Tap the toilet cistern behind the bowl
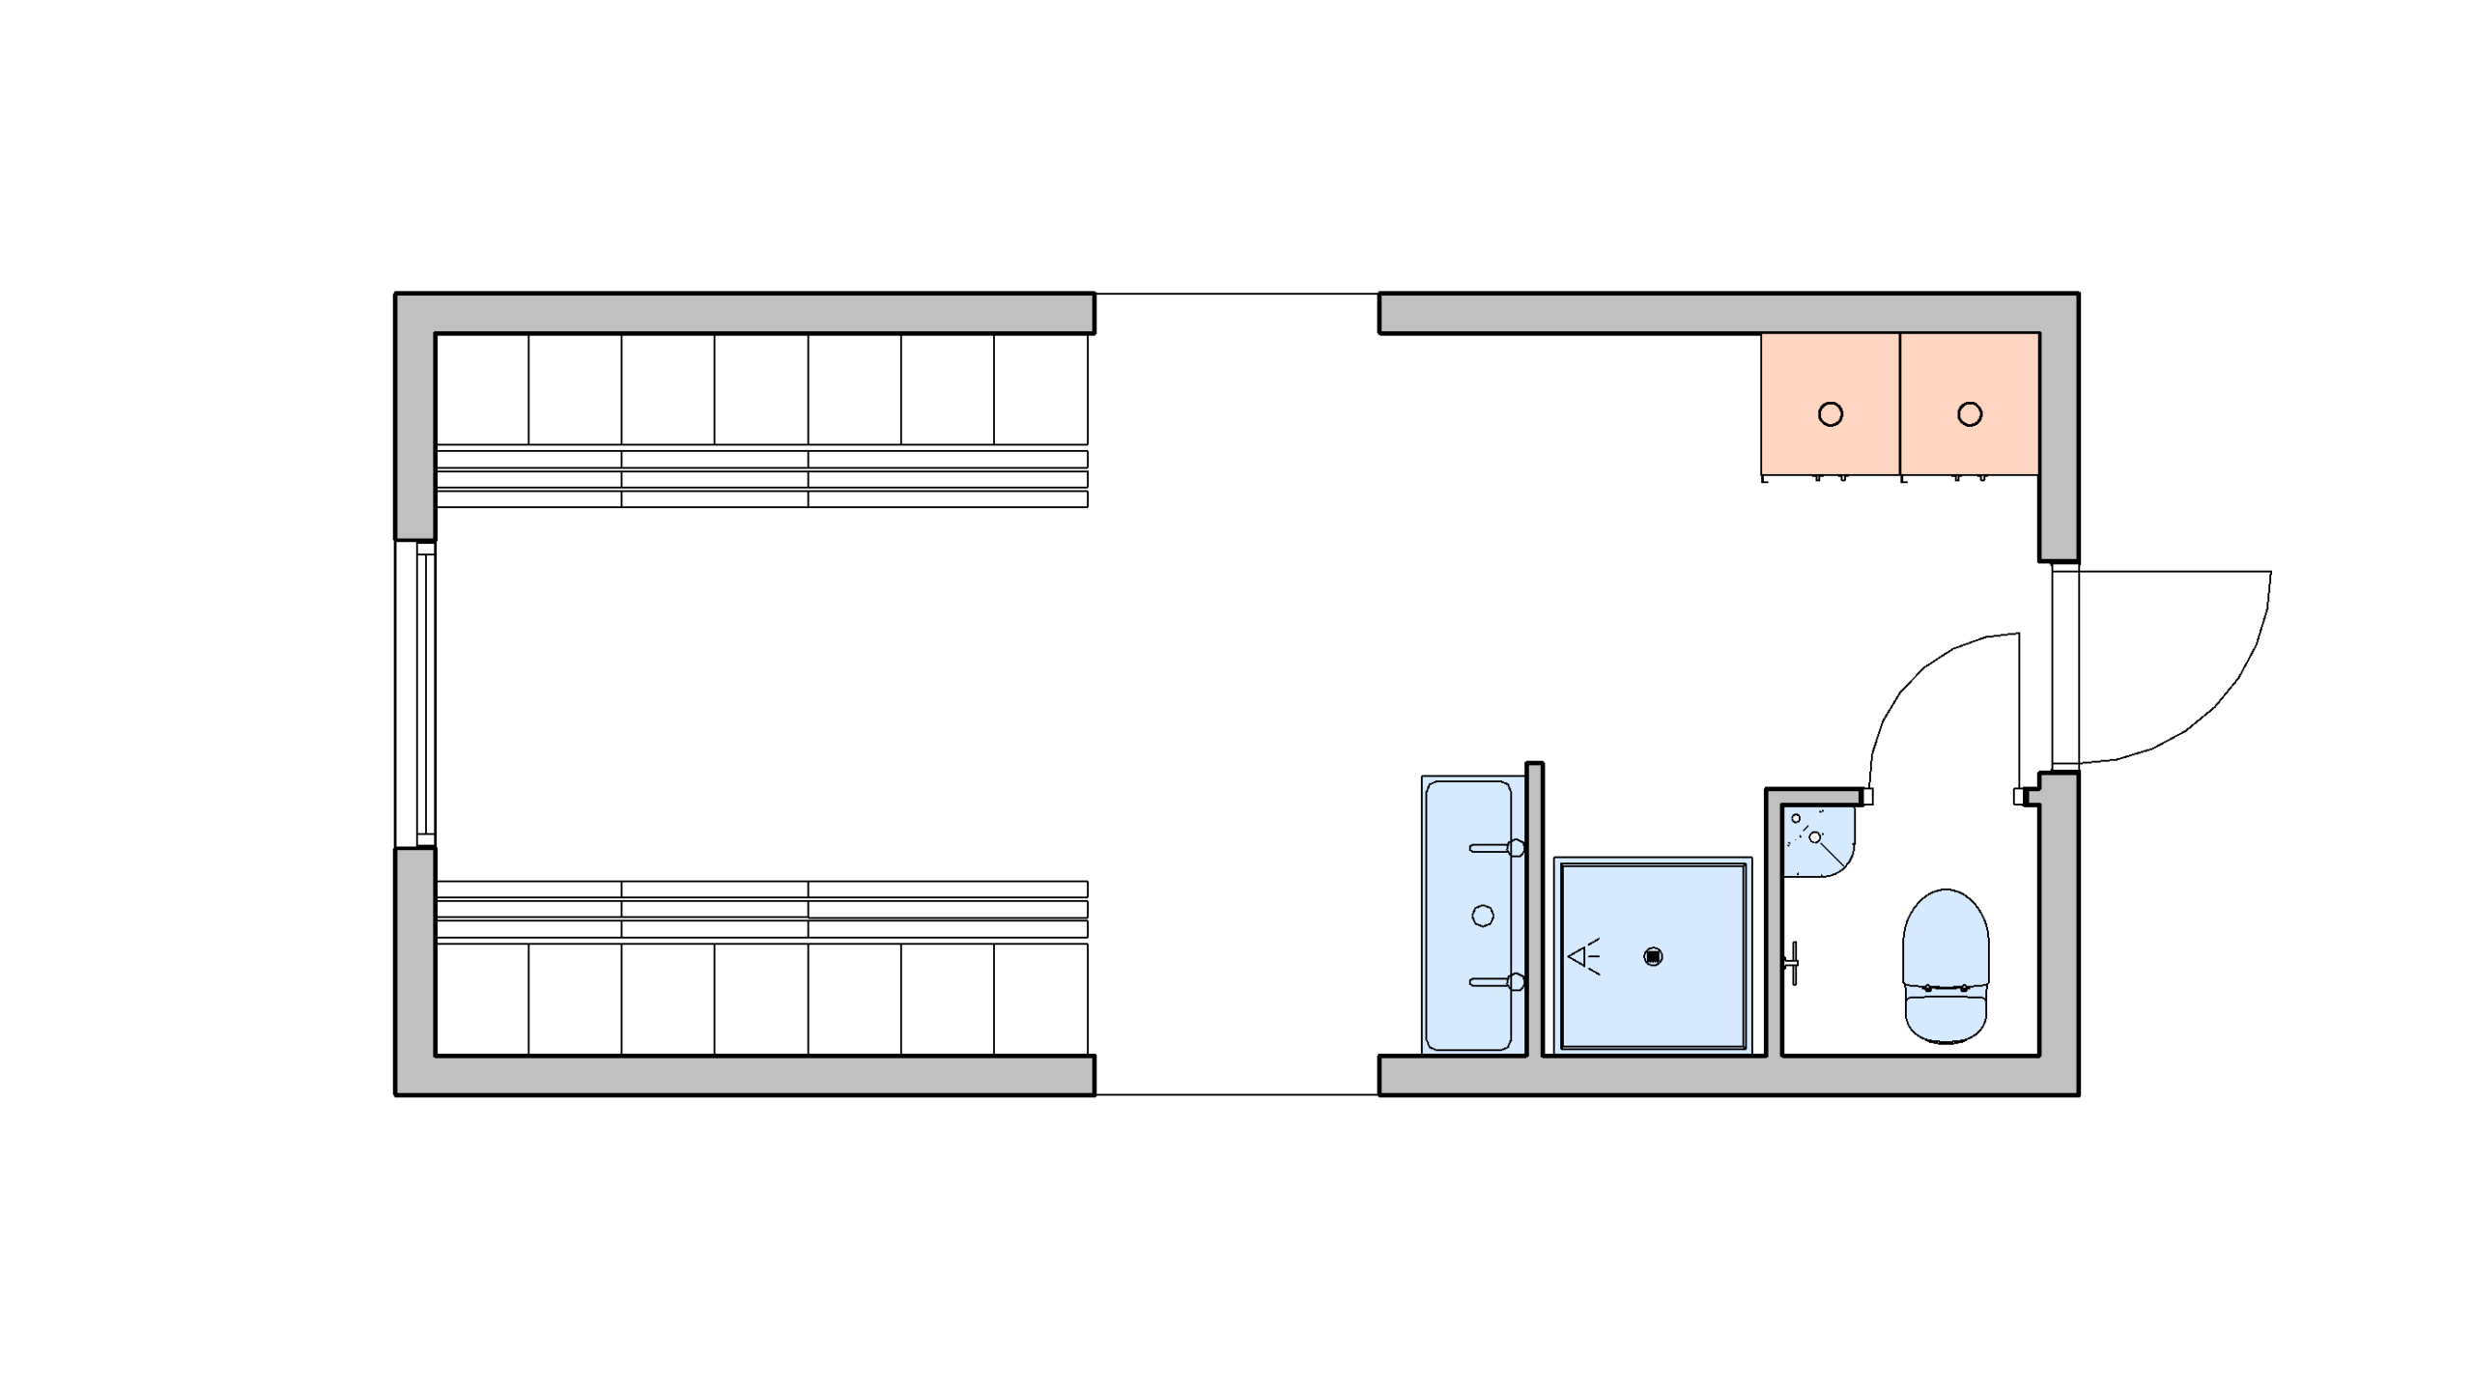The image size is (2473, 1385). point(1945,1014)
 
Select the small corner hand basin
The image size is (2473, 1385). point(1815,840)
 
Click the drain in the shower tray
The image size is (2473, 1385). point(1653,957)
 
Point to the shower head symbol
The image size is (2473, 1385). point(1583,957)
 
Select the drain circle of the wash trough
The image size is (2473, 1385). point(1482,916)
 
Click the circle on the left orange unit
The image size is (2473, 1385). point(1830,414)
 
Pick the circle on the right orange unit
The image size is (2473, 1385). point(1970,414)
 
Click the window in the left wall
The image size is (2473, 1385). point(416,693)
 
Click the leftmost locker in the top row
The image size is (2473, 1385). point(482,389)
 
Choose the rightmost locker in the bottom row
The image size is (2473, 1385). point(1040,999)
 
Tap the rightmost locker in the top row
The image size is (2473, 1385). point(1040,389)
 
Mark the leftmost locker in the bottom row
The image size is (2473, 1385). point(482,999)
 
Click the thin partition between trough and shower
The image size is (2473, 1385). point(1534,908)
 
